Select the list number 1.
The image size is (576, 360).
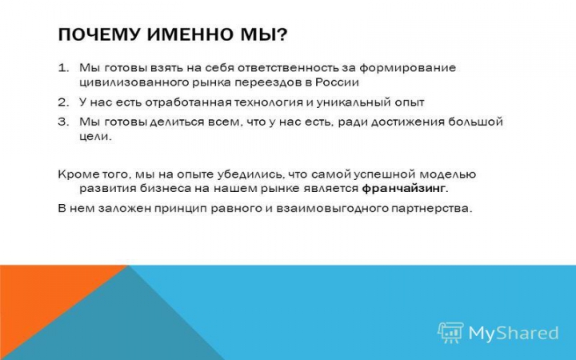[63, 68]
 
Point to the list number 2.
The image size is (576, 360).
[63, 102]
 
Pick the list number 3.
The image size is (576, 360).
[63, 122]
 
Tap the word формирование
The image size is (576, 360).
[407, 69]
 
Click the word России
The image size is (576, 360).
[337, 82]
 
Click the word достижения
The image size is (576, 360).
[408, 122]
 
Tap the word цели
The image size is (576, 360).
[94, 137]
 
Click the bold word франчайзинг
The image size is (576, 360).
[403, 189]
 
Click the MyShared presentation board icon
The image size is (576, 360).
[450, 333]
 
